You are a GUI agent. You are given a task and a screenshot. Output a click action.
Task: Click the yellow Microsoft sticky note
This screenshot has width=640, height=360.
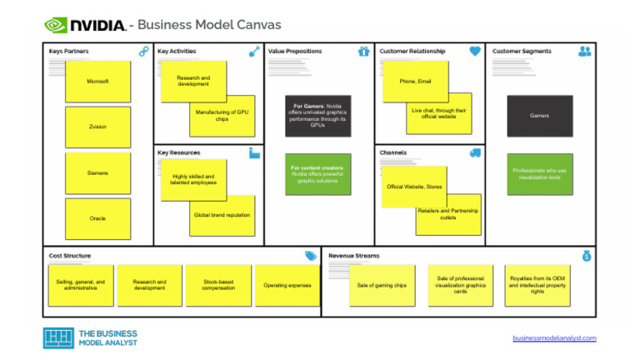click(98, 82)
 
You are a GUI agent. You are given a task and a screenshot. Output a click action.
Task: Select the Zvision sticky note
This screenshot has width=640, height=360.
click(98, 127)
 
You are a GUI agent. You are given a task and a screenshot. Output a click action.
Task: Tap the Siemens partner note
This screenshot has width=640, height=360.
click(98, 173)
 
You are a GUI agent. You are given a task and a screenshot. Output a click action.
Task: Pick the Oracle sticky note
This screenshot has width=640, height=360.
click(98, 218)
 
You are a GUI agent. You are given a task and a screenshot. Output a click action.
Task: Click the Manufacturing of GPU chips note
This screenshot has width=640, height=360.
click(222, 116)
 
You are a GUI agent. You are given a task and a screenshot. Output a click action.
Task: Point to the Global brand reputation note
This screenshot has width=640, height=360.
click(222, 215)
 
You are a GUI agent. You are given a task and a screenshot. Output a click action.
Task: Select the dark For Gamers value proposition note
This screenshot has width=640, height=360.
click(317, 115)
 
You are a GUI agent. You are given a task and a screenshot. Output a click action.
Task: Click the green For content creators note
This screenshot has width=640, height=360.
click(317, 174)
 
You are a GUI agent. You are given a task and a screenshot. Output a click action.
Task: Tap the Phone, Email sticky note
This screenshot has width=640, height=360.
click(415, 82)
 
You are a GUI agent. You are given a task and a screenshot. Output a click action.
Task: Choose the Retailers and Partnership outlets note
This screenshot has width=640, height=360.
click(449, 214)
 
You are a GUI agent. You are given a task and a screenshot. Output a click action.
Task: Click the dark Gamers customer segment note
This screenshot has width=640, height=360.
click(539, 116)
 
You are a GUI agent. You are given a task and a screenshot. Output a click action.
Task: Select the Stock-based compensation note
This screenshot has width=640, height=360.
click(219, 285)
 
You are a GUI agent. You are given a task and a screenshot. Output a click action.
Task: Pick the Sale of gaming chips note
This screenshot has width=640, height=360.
click(382, 285)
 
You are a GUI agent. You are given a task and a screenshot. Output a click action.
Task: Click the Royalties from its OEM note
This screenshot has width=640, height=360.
click(537, 285)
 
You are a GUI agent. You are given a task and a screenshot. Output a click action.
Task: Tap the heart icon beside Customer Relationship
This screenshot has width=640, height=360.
click(475, 52)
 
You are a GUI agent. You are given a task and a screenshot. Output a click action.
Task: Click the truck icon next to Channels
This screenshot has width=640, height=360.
click(475, 153)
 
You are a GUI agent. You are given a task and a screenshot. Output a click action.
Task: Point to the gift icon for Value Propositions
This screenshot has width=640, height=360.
click(363, 52)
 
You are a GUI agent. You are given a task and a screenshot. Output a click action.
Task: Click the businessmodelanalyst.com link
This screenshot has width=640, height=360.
click(554, 337)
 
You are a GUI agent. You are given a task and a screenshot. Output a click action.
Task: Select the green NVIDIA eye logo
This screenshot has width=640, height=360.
click(56, 25)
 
